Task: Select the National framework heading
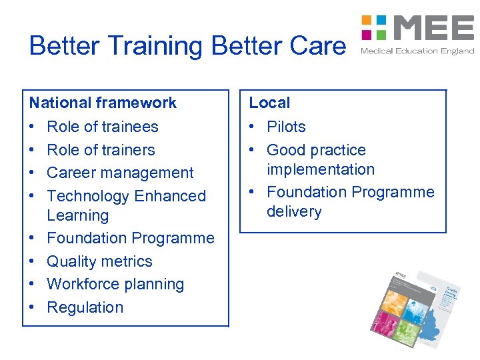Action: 103,103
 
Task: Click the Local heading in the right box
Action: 269,103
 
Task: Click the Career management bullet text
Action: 120,173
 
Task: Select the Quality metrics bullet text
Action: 99,261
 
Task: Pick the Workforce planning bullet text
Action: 115,284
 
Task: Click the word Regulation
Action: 85,307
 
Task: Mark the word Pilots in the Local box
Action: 286,127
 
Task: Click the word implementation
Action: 321,169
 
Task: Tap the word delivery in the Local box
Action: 294,211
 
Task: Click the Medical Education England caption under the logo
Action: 417,51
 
